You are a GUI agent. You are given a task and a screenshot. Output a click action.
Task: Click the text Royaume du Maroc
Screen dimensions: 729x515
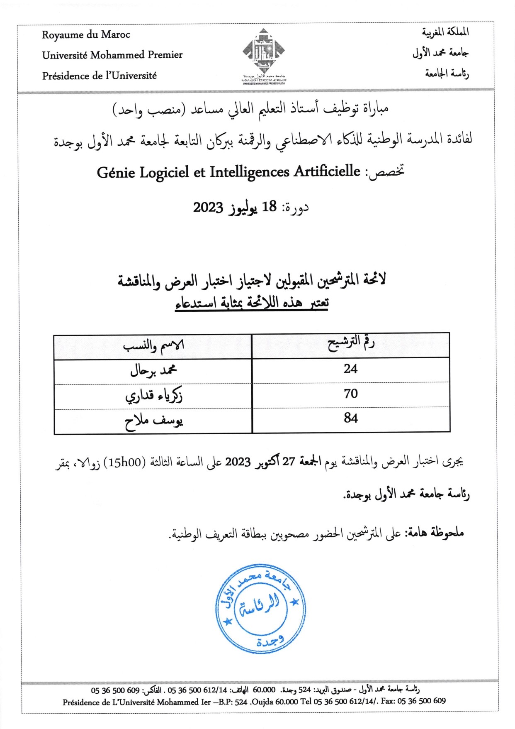pos(86,35)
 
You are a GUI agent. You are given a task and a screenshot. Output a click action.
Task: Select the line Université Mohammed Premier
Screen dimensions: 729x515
pos(112,55)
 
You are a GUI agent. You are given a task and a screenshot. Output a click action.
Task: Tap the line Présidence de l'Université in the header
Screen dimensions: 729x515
pos(100,76)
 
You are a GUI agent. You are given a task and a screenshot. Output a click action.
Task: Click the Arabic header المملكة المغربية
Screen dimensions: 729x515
pos(445,32)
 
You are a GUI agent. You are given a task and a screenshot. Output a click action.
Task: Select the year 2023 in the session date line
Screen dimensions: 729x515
pos(208,207)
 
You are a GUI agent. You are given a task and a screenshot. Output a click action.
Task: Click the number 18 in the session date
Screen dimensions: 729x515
pos(270,207)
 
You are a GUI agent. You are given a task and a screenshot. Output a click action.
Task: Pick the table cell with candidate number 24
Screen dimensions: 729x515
pos(350,369)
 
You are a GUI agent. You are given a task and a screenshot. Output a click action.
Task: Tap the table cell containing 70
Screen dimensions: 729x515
pos(350,394)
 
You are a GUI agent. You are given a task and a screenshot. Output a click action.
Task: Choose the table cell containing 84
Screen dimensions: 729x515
pos(350,418)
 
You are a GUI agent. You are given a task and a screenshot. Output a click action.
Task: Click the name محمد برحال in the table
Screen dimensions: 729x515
pos(153,370)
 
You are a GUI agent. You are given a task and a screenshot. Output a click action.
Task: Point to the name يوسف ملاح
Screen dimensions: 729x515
pos(153,421)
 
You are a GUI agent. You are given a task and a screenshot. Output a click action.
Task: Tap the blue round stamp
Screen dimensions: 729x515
pos(260,609)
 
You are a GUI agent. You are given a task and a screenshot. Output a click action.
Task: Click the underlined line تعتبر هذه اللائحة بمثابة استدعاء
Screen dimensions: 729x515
pos(252,303)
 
